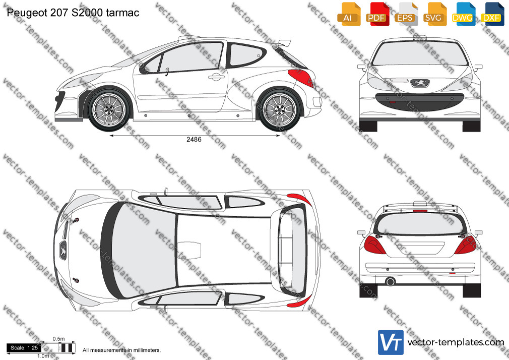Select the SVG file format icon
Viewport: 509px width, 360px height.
(x=434, y=14)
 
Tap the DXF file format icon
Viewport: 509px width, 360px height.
(x=492, y=14)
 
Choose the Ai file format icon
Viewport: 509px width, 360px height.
(x=349, y=14)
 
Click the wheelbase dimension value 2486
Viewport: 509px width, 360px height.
(x=194, y=139)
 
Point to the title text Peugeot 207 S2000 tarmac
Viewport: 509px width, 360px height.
(x=73, y=13)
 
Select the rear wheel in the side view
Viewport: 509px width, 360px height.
(x=280, y=109)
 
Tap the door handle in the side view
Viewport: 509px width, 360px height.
(x=216, y=77)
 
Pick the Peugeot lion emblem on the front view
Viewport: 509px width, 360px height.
(x=420, y=83)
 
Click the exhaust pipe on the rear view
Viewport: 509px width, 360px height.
(x=390, y=281)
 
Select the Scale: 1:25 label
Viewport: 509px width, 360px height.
(x=24, y=348)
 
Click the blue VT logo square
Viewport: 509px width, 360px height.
(x=391, y=342)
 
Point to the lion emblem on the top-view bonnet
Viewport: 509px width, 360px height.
(x=62, y=250)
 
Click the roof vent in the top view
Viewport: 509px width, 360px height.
(x=189, y=250)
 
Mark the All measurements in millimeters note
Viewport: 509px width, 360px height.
(x=121, y=350)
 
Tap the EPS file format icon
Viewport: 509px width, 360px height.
(x=406, y=14)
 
